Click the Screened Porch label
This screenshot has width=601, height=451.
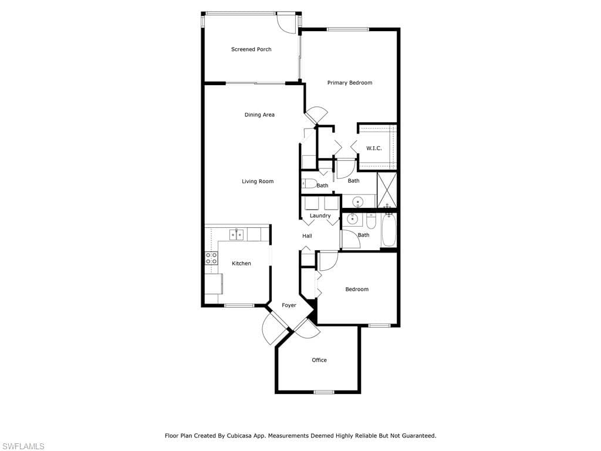[x=251, y=49]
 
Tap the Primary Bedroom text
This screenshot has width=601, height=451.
[x=349, y=83]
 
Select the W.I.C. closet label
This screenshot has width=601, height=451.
[x=374, y=148]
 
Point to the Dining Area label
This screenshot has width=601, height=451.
[x=259, y=115]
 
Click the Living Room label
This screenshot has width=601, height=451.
[x=258, y=181]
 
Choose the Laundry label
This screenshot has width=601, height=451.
[x=320, y=216]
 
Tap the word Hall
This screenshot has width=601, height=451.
[x=307, y=236]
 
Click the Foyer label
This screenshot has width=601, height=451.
[x=289, y=305]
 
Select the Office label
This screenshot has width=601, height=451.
[x=319, y=360]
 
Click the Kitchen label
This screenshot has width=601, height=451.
[x=241, y=264]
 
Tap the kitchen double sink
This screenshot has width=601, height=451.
[x=237, y=234]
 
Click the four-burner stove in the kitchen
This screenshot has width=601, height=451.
[x=211, y=258]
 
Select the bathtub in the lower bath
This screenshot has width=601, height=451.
[x=389, y=231]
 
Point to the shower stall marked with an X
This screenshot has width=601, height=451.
[x=387, y=189]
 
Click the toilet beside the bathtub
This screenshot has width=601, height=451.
[x=371, y=221]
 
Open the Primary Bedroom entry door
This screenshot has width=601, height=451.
[x=317, y=115]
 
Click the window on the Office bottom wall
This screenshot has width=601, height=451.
[x=323, y=392]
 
